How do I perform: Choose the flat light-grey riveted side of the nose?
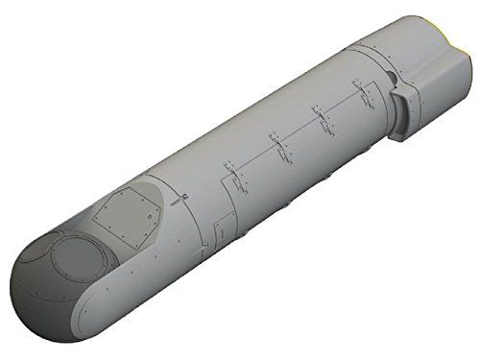pos(125,288)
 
